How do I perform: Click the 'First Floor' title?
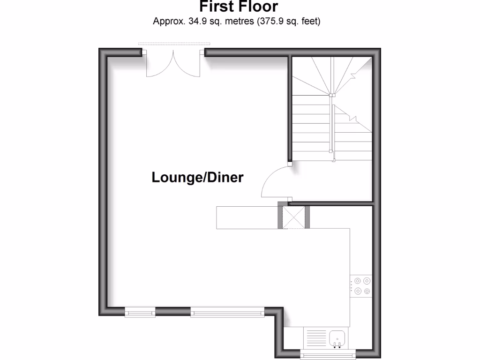point(239,7)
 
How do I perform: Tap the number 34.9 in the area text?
point(197,21)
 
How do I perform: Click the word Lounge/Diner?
point(197,178)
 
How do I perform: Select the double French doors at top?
point(173,64)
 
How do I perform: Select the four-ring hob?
point(362,286)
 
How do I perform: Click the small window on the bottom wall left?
point(140,311)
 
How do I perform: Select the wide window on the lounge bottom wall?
point(227,311)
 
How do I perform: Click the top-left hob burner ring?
point(358,281)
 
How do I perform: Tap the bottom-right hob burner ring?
point(367,291)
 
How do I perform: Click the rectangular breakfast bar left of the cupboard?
point(247,217)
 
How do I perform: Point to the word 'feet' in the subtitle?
point(310,21)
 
